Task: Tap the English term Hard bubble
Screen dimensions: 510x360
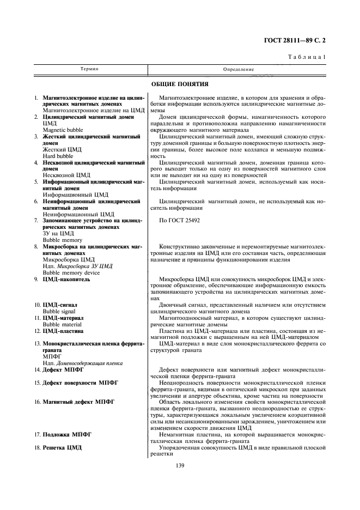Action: click(57, 156)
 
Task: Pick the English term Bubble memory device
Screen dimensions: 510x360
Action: click(71, 272)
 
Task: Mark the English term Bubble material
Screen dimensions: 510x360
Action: click(62, 324)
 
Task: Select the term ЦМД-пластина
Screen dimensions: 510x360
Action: click(63, 330)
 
